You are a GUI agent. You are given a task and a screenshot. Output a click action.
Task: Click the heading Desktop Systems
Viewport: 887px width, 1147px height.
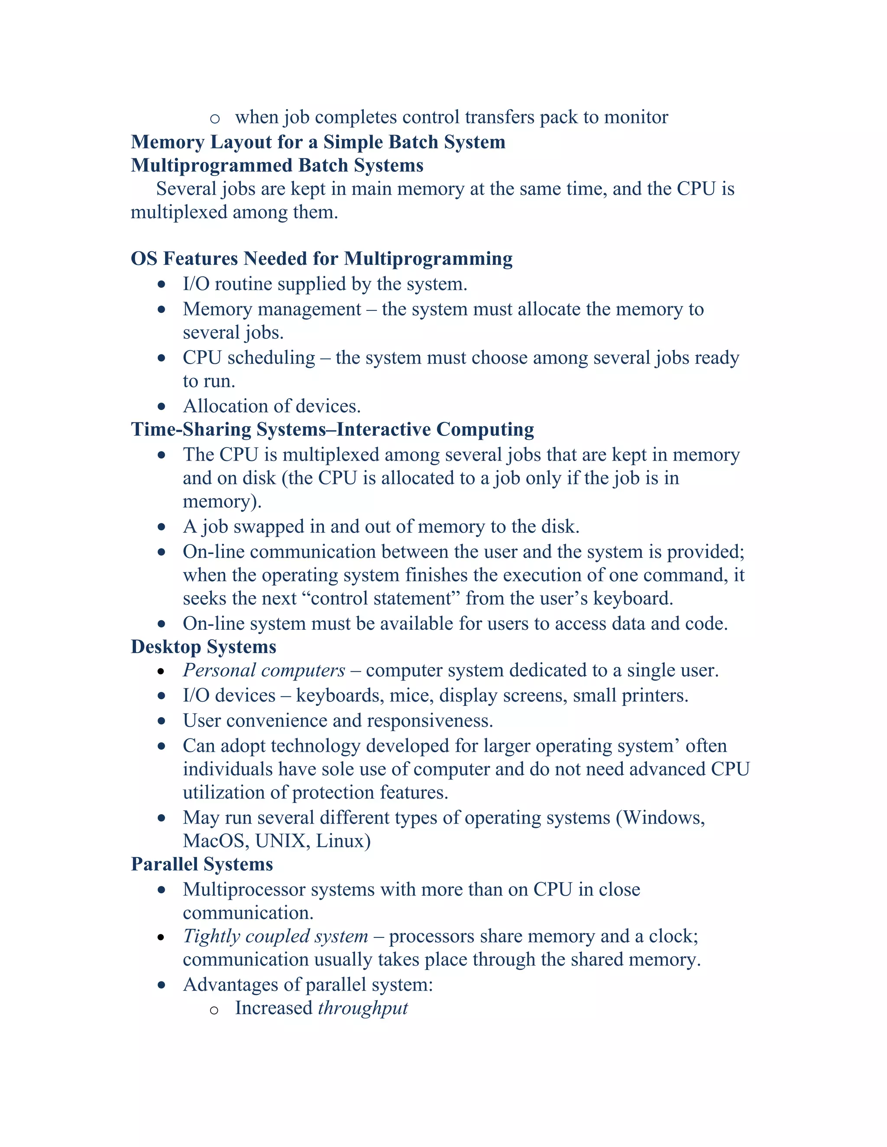(x=204, y=647)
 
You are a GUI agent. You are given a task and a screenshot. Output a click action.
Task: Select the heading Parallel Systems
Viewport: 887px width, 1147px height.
(x=202, y=864)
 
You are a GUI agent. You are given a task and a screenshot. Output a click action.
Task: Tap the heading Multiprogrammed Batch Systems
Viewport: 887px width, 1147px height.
(x=277, y=165)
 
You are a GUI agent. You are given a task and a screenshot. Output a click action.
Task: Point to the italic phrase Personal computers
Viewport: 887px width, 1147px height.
(x=264, y=670)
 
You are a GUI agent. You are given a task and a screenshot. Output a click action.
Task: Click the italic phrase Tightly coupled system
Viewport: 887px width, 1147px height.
(x=275, y=936)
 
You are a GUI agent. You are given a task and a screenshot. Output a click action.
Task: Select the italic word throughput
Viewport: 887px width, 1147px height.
(x=363, y=1008)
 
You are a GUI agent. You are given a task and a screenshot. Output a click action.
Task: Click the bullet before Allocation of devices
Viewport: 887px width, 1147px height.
(x=161, y=406)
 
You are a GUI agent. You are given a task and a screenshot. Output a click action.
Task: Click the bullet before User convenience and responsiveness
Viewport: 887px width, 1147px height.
(x=161, y=721)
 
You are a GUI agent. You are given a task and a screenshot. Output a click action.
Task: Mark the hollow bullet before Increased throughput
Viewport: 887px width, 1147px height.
(x=214, y=1010)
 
